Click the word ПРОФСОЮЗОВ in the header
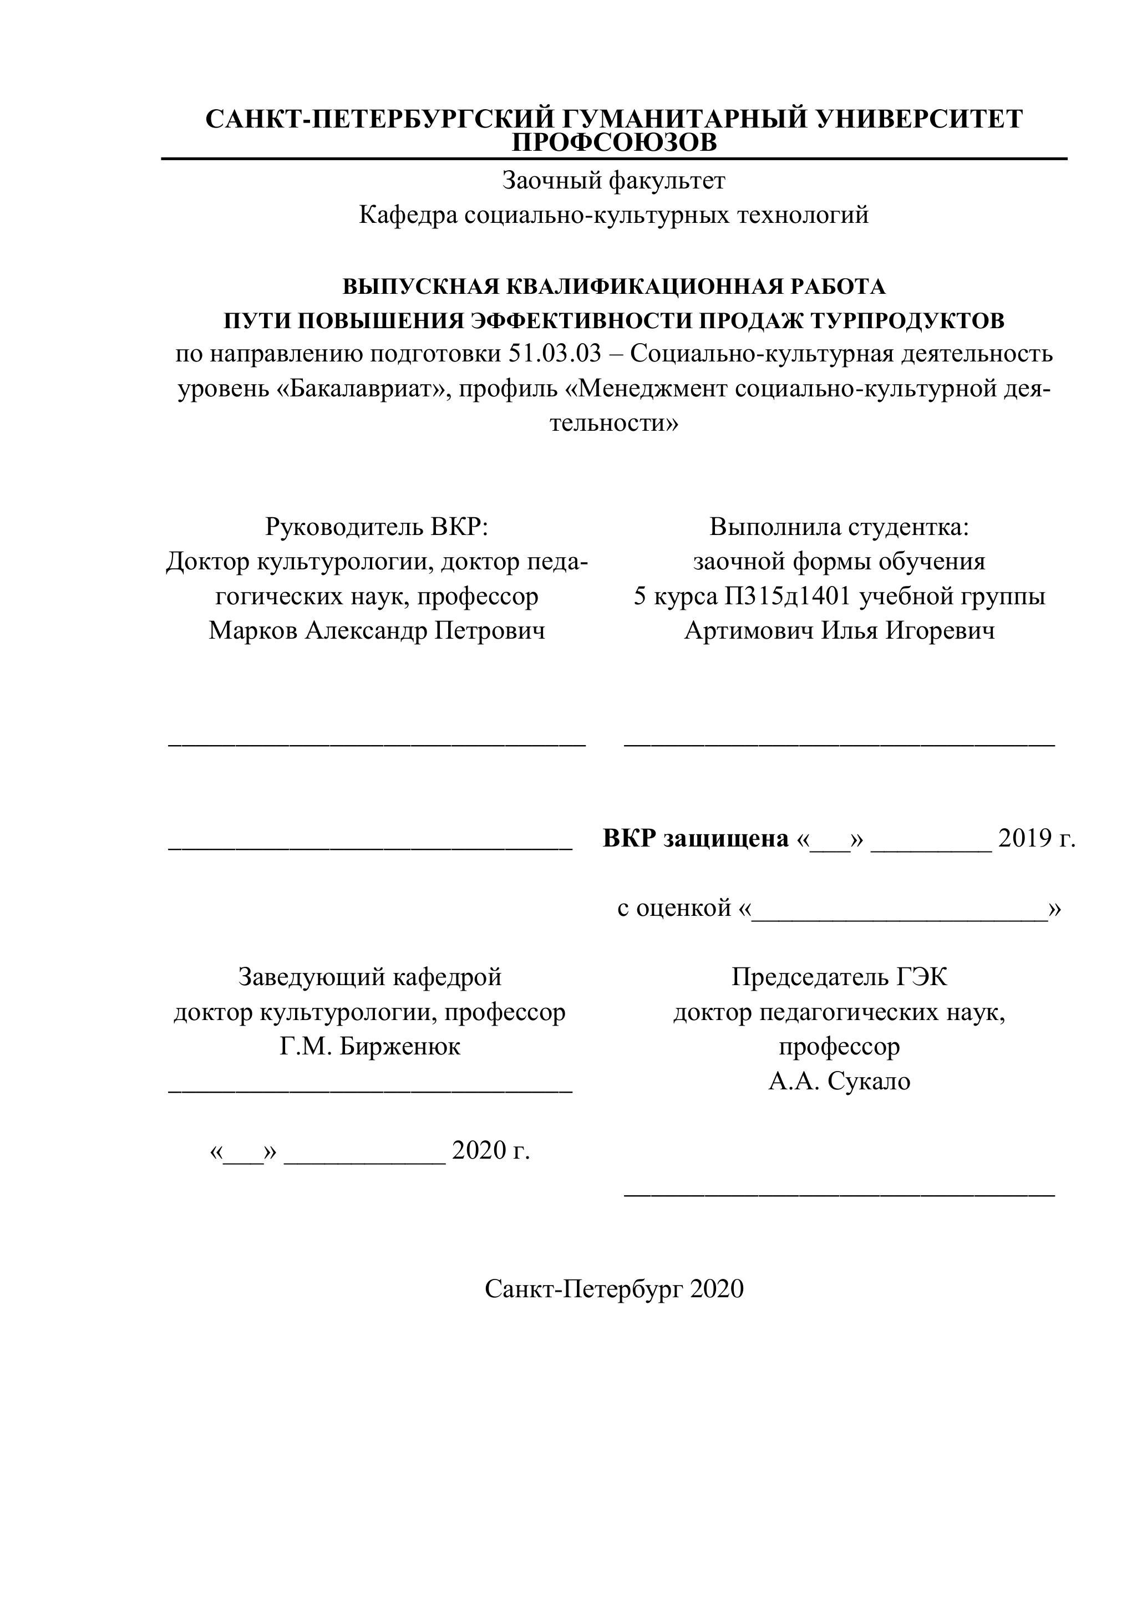click(614, 144)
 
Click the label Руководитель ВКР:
click(377, 527)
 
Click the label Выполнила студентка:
click(839, 527)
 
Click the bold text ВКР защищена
click(696, 839)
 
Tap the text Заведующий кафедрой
click(370, 977)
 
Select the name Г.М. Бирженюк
click(370, 1046)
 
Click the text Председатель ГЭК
click(839, 977)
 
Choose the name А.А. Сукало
click(839, 1081)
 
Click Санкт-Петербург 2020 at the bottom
click(614, 1289)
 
